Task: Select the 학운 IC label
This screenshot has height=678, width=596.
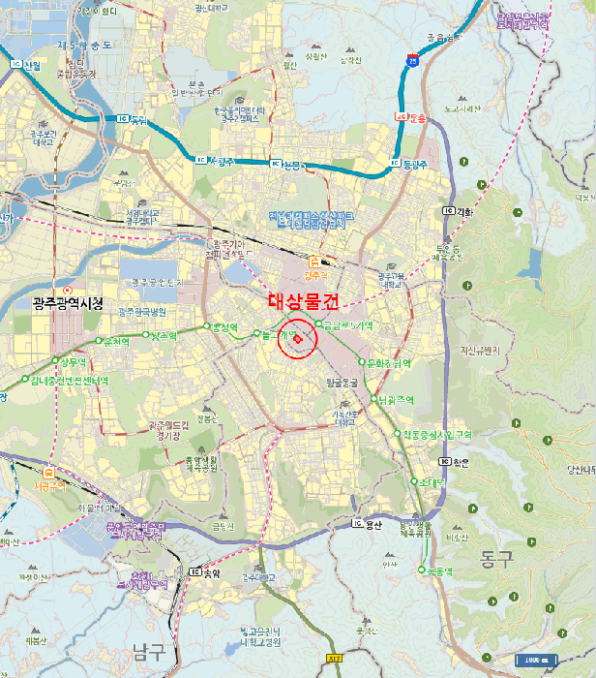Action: [x=461, y=463]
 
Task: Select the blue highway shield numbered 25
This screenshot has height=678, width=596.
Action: [x=413, y=60]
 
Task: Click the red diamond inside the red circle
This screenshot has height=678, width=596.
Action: [x=297, y=339]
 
